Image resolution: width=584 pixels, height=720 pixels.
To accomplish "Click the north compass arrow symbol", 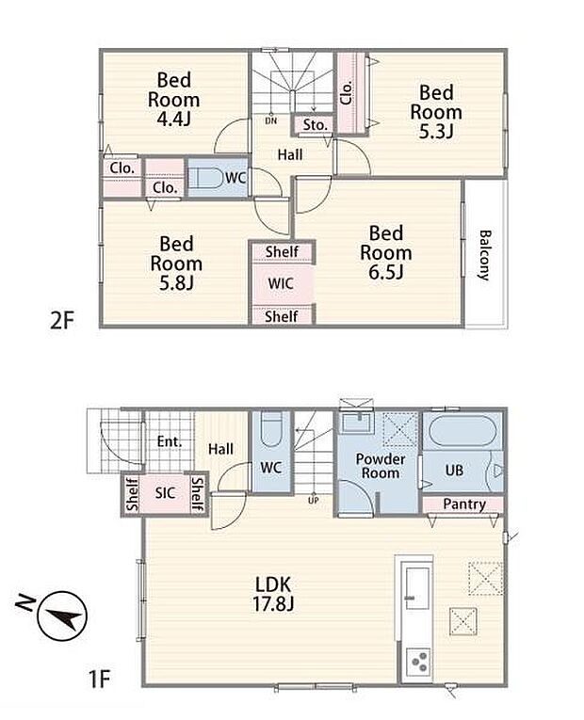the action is (x=62, y=616).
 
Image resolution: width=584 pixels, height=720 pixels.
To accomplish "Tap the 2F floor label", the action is (x=61, y=320).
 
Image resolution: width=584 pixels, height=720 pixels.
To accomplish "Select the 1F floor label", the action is (x=99, y=679).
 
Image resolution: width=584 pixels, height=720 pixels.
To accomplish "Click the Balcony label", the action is (x=485, y=255).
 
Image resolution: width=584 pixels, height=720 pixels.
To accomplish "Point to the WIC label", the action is (x=281, y=283).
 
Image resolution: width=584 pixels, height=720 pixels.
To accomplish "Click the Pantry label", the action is (x=464, y=504).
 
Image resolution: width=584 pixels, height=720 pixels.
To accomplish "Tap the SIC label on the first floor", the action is (x=165, y=493).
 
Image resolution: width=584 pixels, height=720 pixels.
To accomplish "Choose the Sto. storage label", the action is (x=316, y=124).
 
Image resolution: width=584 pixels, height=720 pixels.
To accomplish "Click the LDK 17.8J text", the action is (x=273, y=594).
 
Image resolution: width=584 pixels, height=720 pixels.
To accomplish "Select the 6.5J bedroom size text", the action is (x=386, y=272).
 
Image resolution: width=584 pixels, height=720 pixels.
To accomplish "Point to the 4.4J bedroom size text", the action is (x=173, y=119).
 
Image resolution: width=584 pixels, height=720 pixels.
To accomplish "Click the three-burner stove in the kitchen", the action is (x=418, y=662).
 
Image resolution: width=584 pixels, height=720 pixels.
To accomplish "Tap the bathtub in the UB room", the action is (x=462, y=431).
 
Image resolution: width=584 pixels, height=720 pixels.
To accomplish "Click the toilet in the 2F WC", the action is (x=206, y=178).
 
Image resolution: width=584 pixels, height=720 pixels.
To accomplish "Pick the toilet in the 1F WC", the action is (x=271, y=429).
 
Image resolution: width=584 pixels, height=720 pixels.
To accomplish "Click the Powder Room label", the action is (x=381, y=466).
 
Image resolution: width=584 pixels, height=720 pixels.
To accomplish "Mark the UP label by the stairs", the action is (x=314, y=501).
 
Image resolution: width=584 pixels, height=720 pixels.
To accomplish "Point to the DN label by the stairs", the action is (x=271, y=120).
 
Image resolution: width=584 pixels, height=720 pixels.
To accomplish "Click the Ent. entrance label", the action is (x=170, y=441).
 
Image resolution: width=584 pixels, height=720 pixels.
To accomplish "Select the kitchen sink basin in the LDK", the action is (x=417, y=588).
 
